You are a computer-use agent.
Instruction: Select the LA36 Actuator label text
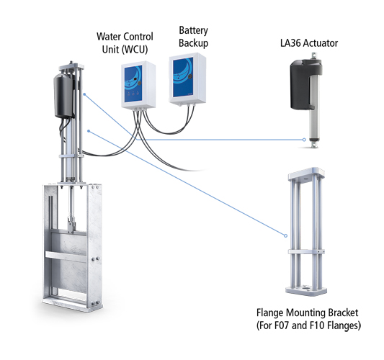[313, 44]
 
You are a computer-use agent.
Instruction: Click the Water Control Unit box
[140, 86]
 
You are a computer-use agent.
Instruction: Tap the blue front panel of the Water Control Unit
[140, 84]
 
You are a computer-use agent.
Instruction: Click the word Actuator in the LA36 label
[323, 44]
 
